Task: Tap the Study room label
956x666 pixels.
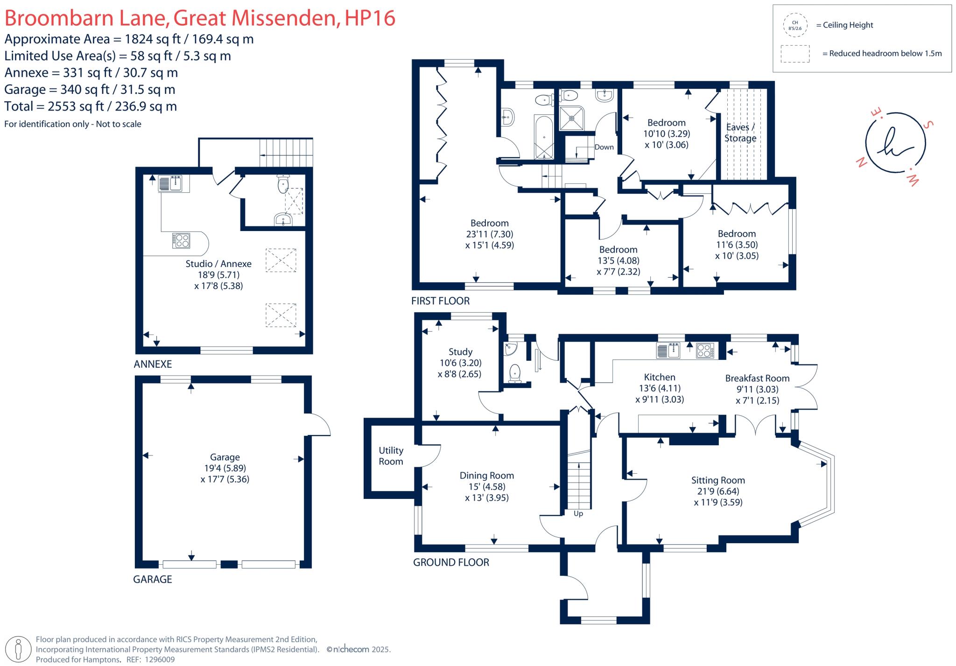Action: pyautogui.click(x=460, y=352)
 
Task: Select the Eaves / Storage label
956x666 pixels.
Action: pyautogui.click(x=740, y=133)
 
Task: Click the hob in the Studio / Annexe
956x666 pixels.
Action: pyautogui.click(x=181, y=240)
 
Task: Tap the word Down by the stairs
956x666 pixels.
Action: pyautogui.click(x=604, y=147)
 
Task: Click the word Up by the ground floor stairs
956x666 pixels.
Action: pyautogui.click(x=578, y=514)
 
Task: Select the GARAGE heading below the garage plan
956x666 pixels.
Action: pyautogui.click(x=153, y=579)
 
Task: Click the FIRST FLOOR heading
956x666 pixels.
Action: pyautogui.click(x=440, y=301)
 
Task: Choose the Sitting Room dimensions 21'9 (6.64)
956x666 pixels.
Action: pyautogui.click(x=718, y=491)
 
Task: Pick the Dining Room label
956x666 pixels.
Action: pyautogui.click(x=486, y=476)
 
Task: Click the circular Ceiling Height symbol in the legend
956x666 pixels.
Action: pyautogui.click(x=795, y=25)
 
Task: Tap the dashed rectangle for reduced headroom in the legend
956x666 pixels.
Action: pyautogui.click(x=795, y=54)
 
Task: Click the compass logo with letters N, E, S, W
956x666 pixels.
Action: pyautogui.click(x=895, y=143)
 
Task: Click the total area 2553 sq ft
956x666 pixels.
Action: pyautogui.click(x=76, y=106)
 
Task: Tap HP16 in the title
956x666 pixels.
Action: pyautogui.click(x=370, y=18)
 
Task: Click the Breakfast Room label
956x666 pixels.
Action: pyautogui.click(x=757, y=379)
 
